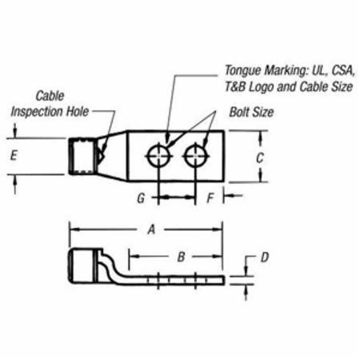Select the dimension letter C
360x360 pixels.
coord(260,158)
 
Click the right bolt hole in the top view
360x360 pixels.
coord(194,154)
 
